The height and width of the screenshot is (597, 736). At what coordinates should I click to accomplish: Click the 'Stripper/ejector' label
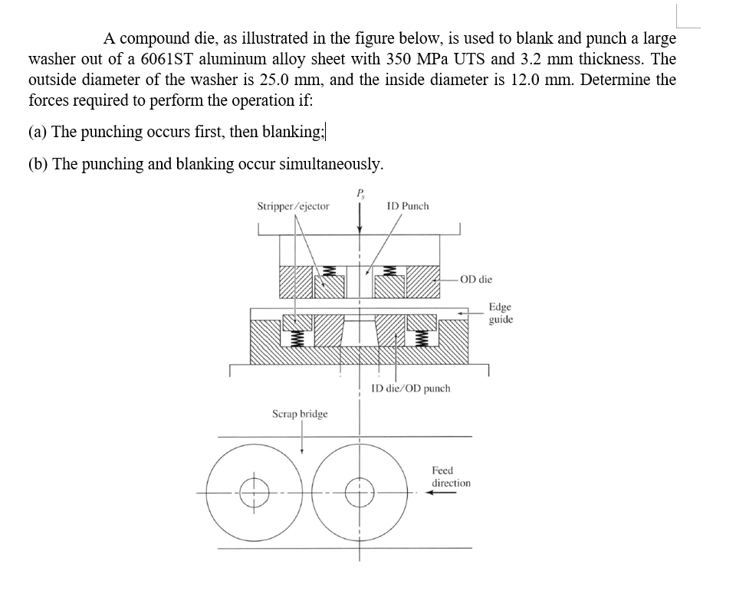point(293,206)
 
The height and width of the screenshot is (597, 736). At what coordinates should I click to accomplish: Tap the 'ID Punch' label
point(408,206)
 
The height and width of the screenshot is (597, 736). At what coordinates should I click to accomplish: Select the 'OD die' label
point(478,280)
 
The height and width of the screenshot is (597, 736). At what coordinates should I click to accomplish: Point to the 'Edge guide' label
point(501,313)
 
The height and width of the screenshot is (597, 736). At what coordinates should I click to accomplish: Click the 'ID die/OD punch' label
point(410,389)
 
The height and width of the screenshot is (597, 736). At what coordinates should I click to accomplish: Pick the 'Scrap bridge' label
point(300,414)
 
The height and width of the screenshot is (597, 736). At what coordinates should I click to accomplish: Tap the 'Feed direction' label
point(451,476)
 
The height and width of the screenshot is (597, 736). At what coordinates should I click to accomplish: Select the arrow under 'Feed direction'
point(443,493)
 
